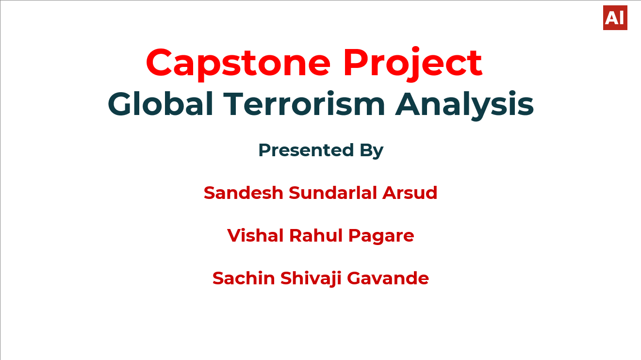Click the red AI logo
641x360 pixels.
point(615,18)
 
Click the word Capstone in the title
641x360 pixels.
point(238,63)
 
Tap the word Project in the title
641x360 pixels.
point(412,63)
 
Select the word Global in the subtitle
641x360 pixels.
point(161,104)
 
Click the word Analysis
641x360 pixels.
point(464,104)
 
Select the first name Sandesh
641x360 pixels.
point(243,193)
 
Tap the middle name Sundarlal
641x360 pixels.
point(333,193)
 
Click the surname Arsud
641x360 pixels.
point(410,193)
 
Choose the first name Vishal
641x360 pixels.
point(255,235)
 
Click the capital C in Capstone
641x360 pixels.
point(162,63)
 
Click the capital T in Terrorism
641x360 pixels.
point(233,104)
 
